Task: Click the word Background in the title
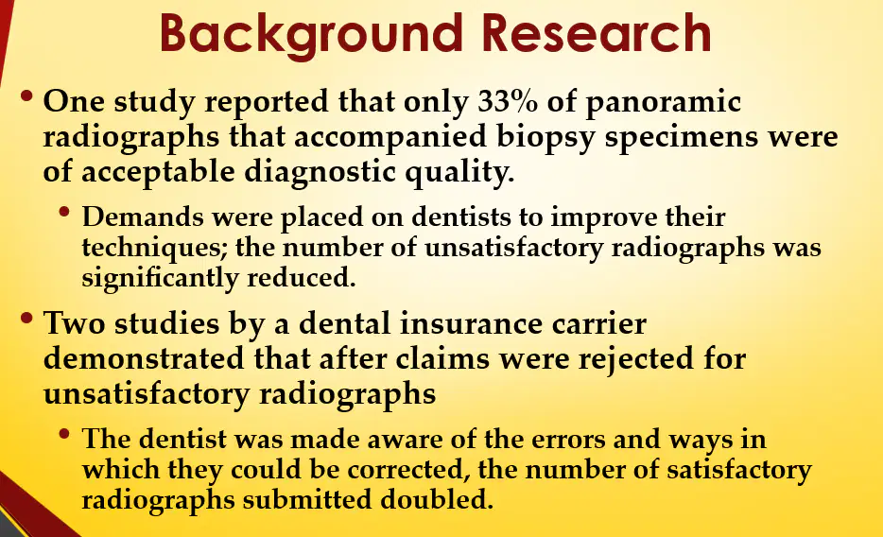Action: (310, 35)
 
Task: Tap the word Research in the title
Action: (597, 33)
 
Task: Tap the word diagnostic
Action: (320, 172)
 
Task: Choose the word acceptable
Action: (158, 172)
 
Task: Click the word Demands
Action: (143, 217)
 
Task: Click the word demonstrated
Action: (144, 358)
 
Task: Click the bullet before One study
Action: (26, 96)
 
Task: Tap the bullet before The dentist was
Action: (64, 434)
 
